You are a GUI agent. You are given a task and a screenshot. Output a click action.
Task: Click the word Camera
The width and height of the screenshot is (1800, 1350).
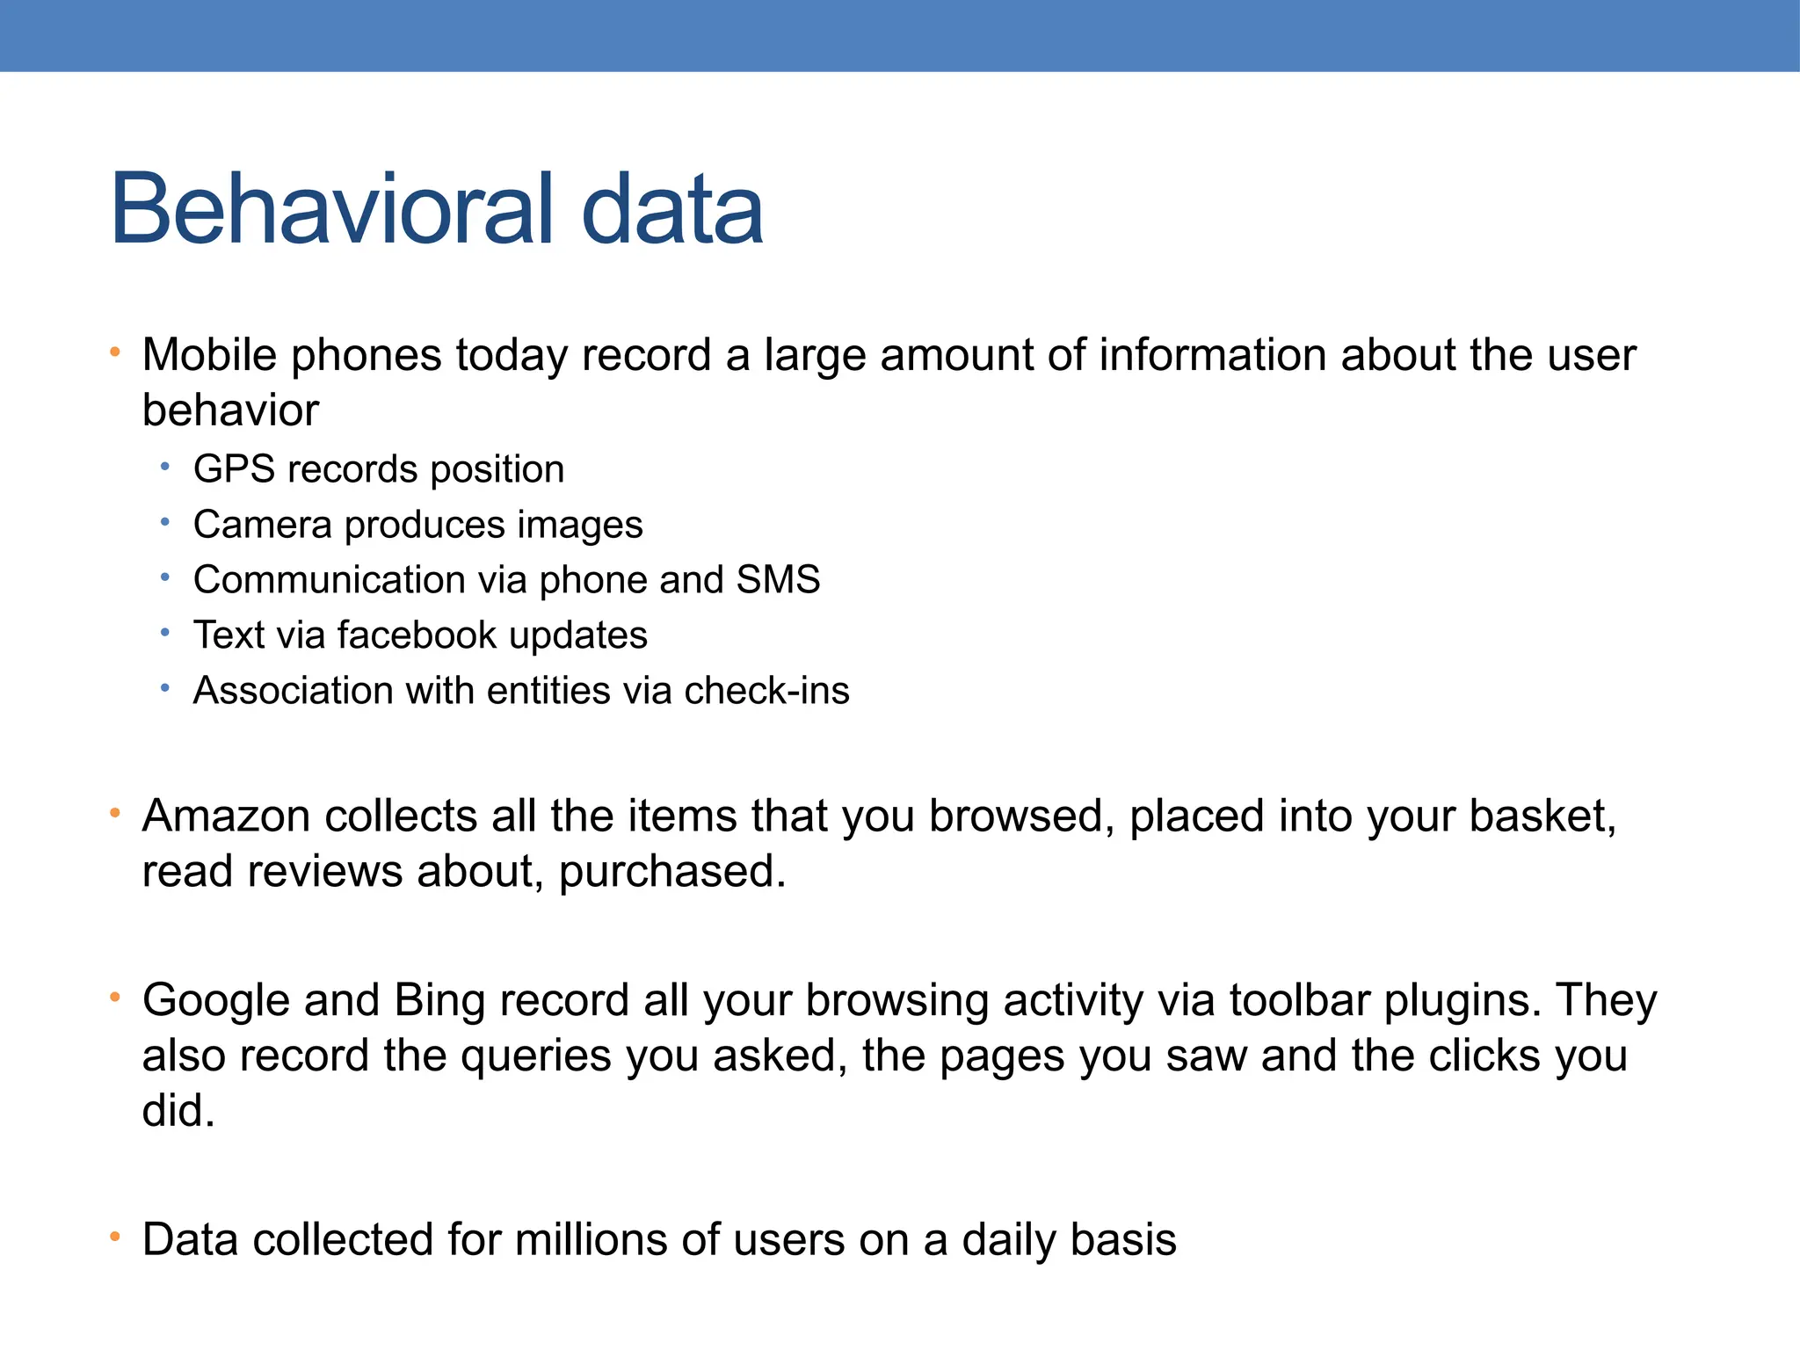(263, 525)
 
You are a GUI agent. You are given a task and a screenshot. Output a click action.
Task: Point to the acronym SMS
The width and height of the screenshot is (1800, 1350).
(778, 580)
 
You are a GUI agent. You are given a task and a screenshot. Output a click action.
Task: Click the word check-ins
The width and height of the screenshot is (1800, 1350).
(766, 691)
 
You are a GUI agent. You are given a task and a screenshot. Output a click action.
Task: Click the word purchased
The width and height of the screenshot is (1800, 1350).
(671, 872)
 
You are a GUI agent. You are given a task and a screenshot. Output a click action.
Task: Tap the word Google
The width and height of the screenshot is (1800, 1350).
(216, 1001)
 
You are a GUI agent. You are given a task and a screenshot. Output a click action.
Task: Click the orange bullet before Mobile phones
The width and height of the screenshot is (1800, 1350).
(114, 353)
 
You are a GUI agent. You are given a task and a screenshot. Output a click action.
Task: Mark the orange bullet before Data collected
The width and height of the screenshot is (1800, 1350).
(114, 1237)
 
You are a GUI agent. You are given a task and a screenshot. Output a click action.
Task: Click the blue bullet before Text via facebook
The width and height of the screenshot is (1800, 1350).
(165, 633)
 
